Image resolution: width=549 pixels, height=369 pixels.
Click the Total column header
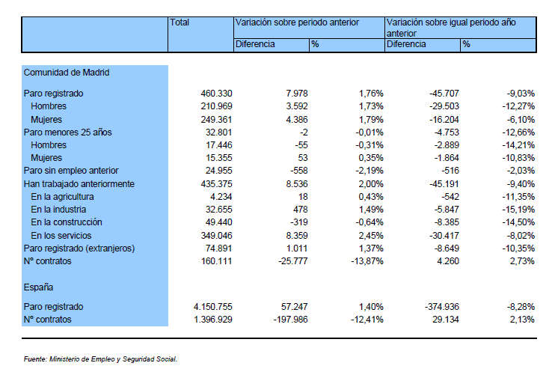click(x=180, y=22)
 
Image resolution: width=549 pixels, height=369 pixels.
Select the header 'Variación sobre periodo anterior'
click(x=297, y=22)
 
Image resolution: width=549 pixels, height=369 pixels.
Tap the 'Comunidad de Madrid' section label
click(x=67, y=73)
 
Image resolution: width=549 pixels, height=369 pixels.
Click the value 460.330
click(x=216, y=94)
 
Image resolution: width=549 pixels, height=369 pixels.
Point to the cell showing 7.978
click(x=296, y=94)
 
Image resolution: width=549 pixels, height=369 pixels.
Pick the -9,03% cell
click(x=521, y=94)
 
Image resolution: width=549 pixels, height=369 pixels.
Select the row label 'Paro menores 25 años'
click(x=67, y=132)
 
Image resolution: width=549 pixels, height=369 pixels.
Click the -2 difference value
click(x=304, y=132)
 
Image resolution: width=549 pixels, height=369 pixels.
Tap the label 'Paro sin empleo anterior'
click(x=71, y=171)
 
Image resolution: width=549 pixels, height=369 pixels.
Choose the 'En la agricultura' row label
click(x=62, y=197)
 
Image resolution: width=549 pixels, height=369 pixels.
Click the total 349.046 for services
click(x=216, y=236)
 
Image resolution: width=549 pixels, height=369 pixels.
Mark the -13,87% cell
click(x=367, y=261)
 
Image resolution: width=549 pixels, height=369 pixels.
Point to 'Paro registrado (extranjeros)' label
click(x=79, y=248)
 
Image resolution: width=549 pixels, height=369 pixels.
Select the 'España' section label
click(x=38, y=287)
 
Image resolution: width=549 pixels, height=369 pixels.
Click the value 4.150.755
click(x=213, y=307)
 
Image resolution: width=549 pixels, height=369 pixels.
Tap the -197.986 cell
click(x=291, y=320)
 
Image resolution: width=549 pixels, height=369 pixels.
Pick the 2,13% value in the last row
click(x=522, y=320)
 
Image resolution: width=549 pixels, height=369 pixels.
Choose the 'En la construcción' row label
click(x=67, y=222)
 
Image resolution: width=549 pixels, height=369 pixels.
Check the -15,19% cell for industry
click(x=518, y=210)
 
